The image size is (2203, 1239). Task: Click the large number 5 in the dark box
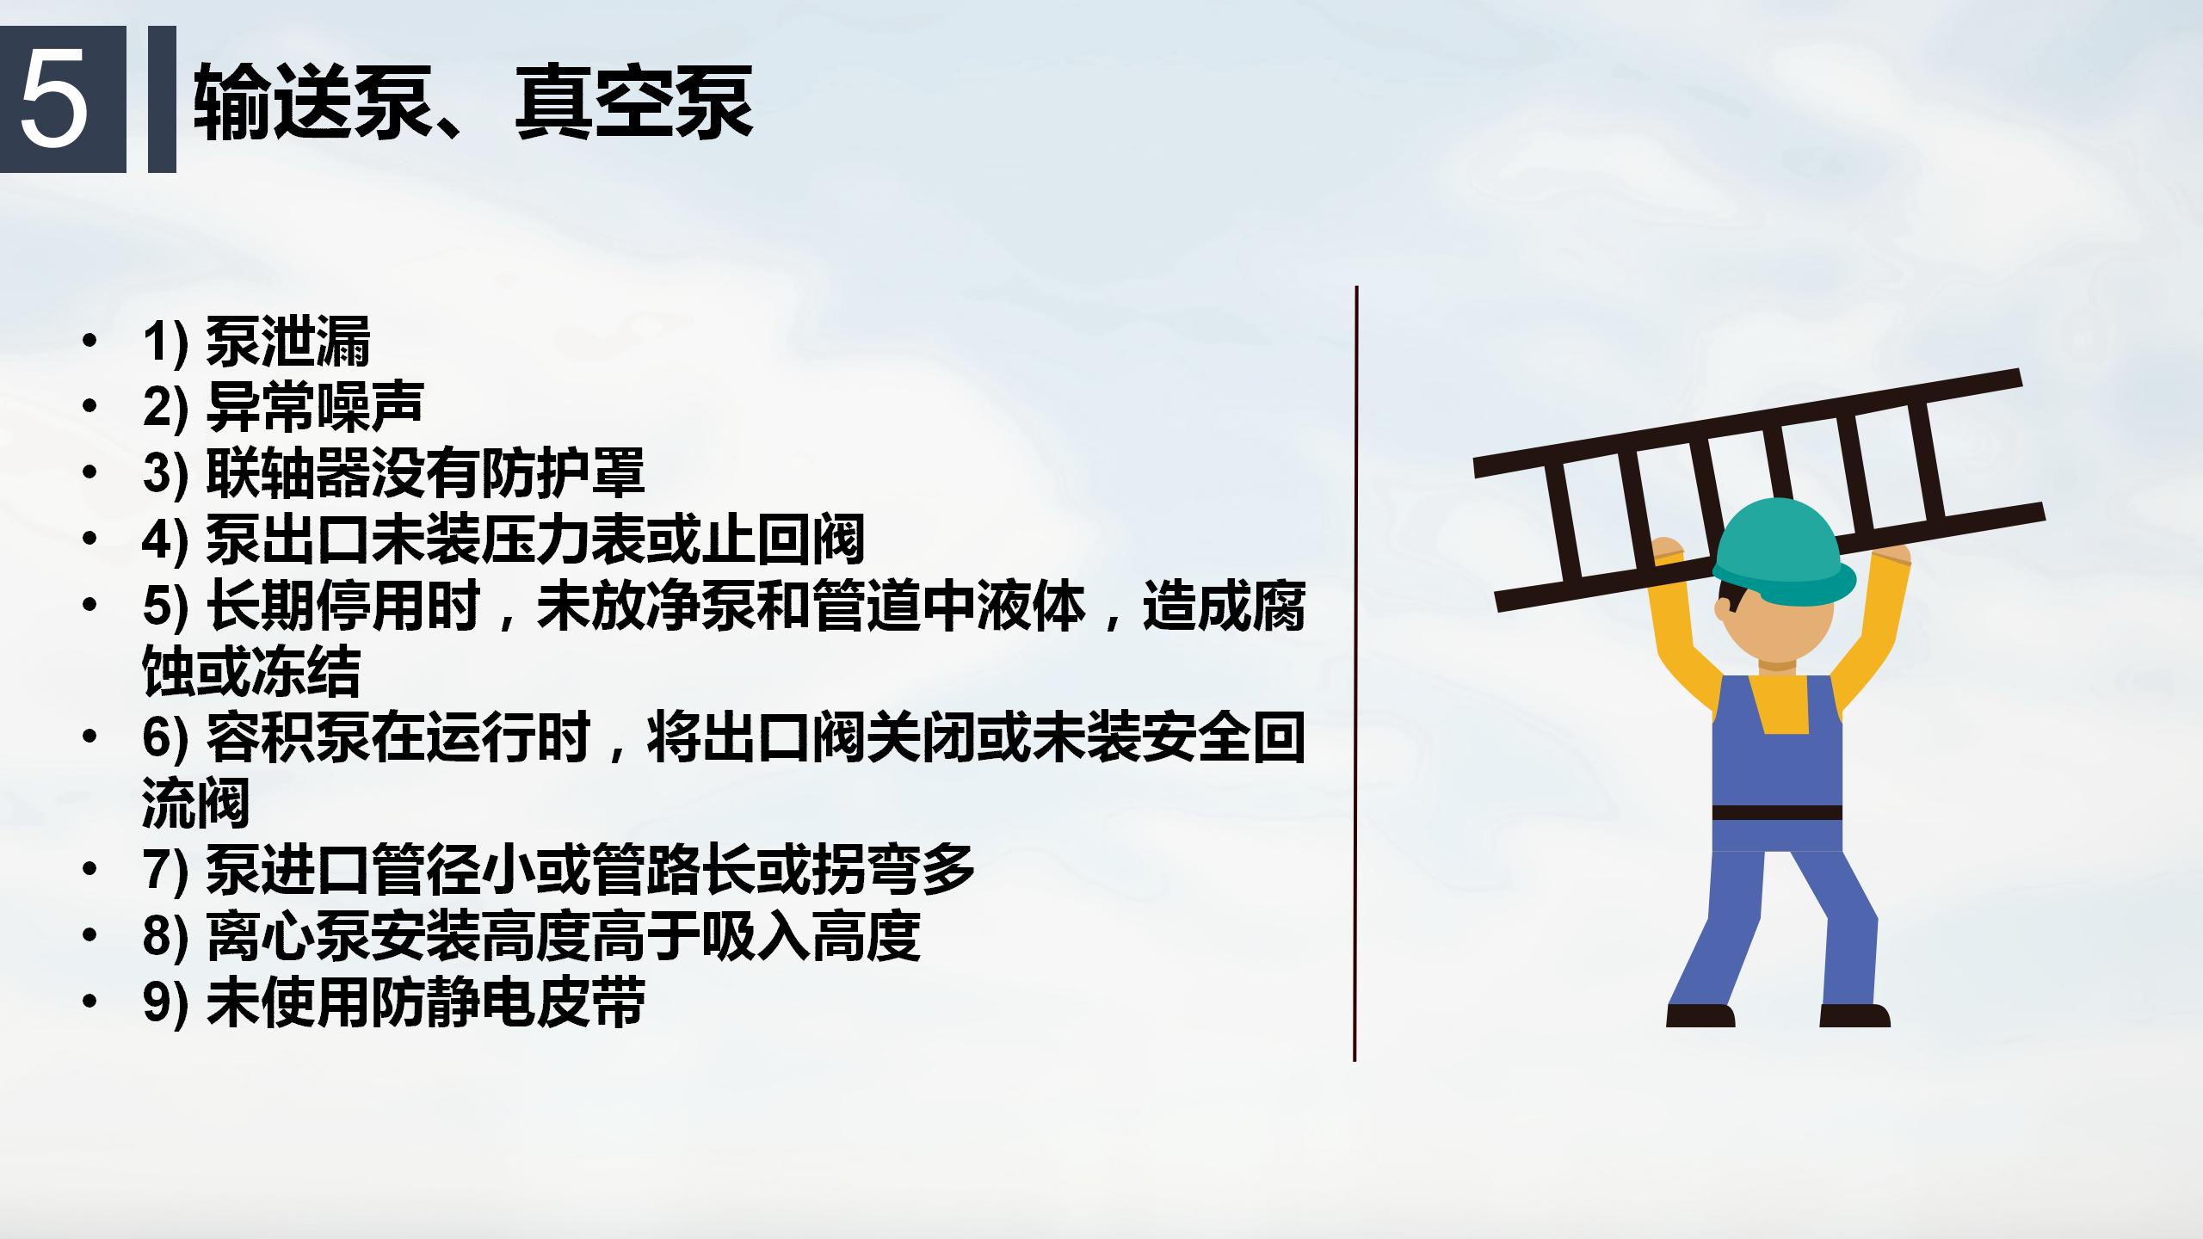[x=54, y=100]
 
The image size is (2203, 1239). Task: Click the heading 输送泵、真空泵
[x=474, y=102]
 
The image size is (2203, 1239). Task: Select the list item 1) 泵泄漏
[x=256, y=342]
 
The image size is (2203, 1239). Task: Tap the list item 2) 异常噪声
[x=283, y=407]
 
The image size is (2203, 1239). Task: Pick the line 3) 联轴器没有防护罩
[x=393, y=472]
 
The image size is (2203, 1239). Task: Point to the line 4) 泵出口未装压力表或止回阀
[x=503, y=539]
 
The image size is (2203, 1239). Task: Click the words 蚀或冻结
[x=251, y=671]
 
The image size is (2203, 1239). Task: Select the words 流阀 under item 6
[x=196, y=803]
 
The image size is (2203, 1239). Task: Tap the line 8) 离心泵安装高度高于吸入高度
[x=532, y=935]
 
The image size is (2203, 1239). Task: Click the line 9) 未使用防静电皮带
[x=394, y=1002]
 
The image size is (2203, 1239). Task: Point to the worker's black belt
[x=1777, y=813]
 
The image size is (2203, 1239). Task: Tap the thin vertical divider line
[x=1355, y=674]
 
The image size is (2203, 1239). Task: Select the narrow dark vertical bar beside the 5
[x=162, y=99]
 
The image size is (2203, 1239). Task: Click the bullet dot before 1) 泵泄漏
[x=89, y=342]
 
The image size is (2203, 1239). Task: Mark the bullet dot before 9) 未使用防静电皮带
[x=89, y=1002]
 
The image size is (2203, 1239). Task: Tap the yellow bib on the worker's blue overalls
[x=1778, y=703]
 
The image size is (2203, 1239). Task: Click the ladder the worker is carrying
[x=1760, y=490]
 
